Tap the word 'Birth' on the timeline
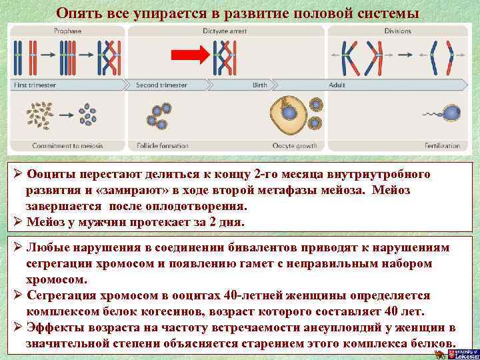259,85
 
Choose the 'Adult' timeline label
337,85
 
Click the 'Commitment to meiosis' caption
49,145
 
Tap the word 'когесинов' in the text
179,311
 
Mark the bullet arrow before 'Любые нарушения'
18,247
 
